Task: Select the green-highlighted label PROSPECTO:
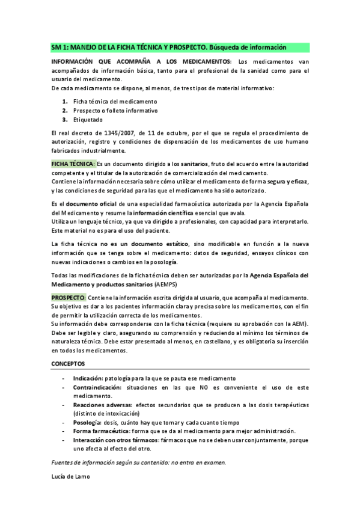pyautogui.click(x=69, y=298)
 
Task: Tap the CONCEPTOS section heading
pyautogui.click(x=69, y=364)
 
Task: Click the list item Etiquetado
pyautogui.click(x=90, y=120)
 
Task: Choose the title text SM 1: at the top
pyautogui.click(x=59, y=47)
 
